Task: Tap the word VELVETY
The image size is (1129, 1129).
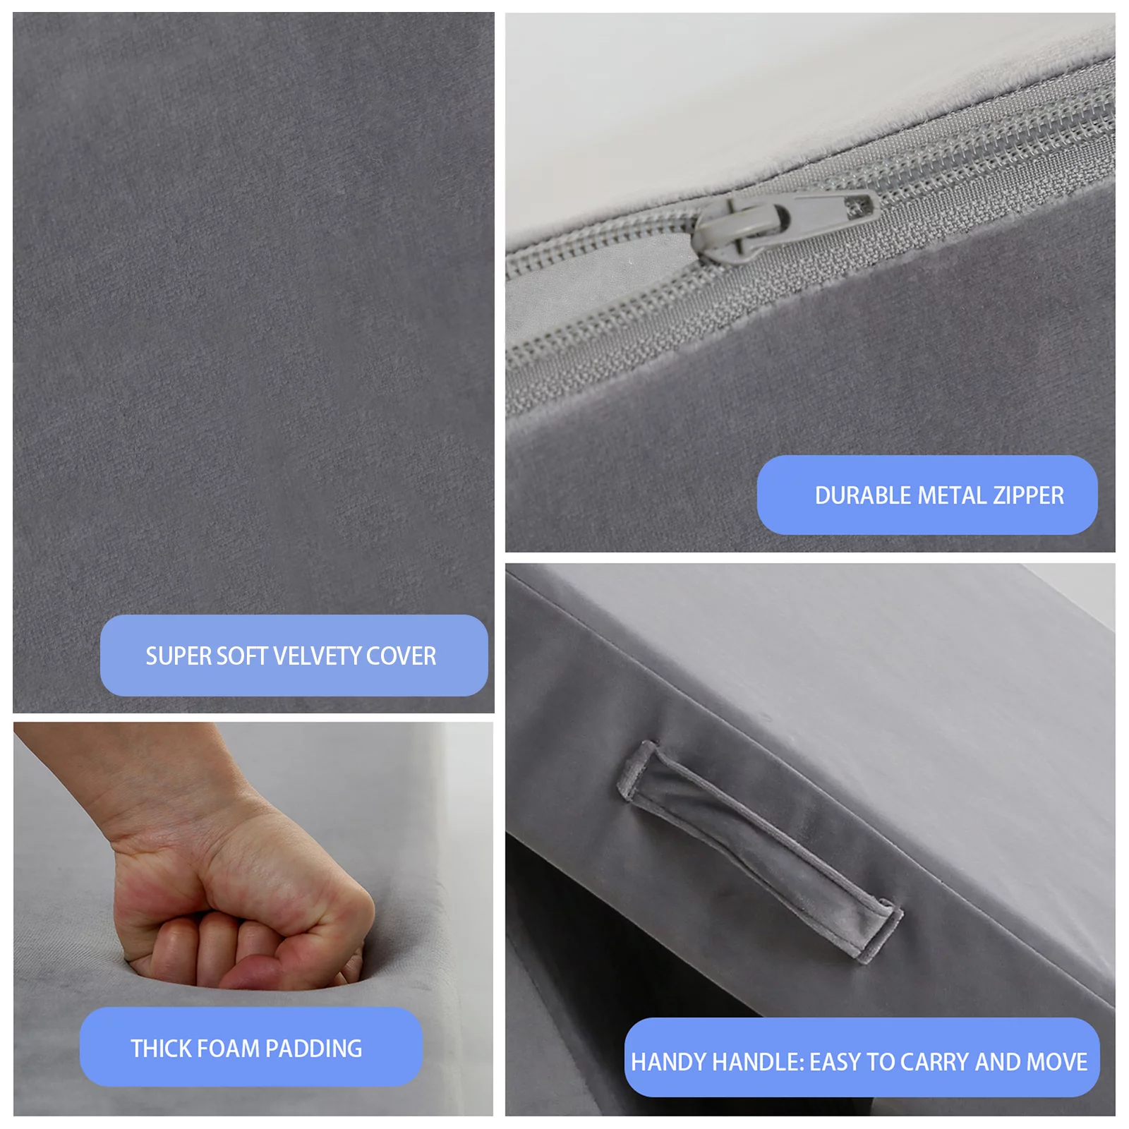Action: (x=317, y=656)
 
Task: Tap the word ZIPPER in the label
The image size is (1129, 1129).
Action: (x=1028, y=495)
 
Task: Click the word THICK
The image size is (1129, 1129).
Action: (x=159, y=1049)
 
